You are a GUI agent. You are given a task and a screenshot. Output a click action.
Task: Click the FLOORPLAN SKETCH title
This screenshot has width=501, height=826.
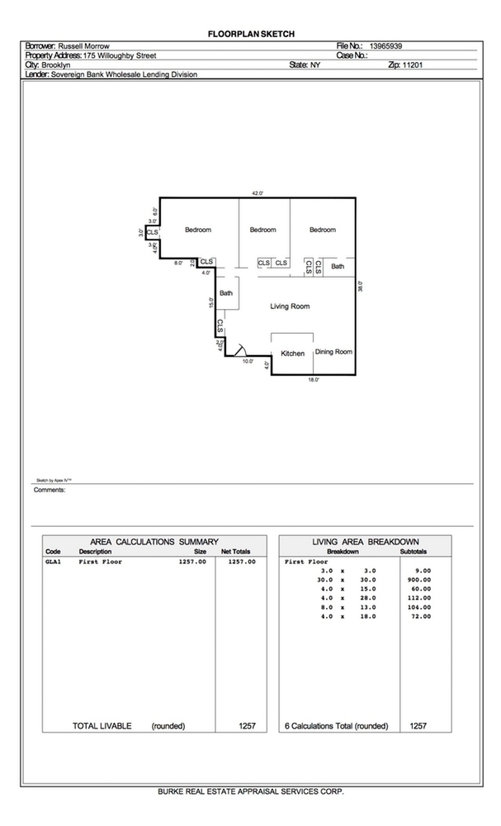coord(250,33)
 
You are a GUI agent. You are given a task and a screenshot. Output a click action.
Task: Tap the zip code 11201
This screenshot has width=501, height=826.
coord(411,64)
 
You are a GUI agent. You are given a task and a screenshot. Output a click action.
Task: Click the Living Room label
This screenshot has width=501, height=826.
coord(290,306)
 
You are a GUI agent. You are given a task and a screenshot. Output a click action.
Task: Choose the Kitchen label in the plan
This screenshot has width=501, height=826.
coord(293,354)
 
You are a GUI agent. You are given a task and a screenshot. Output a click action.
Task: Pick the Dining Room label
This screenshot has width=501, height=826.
coord(333,352)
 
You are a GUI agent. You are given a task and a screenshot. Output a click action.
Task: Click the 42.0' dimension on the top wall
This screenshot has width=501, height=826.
coord(257,193)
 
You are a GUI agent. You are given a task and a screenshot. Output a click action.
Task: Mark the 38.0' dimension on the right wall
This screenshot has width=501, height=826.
coord(361,287)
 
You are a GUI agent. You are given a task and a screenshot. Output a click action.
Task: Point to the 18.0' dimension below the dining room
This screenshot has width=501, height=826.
coord(314,380)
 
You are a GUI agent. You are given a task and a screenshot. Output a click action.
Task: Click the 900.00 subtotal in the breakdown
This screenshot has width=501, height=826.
coord(418,579)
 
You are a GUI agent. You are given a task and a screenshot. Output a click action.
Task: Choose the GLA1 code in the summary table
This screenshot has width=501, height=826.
coord(54,561)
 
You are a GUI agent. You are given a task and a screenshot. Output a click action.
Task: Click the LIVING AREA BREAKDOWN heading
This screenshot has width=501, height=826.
coord(366,541)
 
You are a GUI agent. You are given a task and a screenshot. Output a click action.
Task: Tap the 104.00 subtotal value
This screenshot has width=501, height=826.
coord(418,606)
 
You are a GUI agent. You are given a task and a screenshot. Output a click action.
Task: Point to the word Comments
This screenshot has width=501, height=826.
coord(50,490)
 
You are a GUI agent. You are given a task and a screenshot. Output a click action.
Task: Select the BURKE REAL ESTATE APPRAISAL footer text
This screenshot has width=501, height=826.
coord(250,790)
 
